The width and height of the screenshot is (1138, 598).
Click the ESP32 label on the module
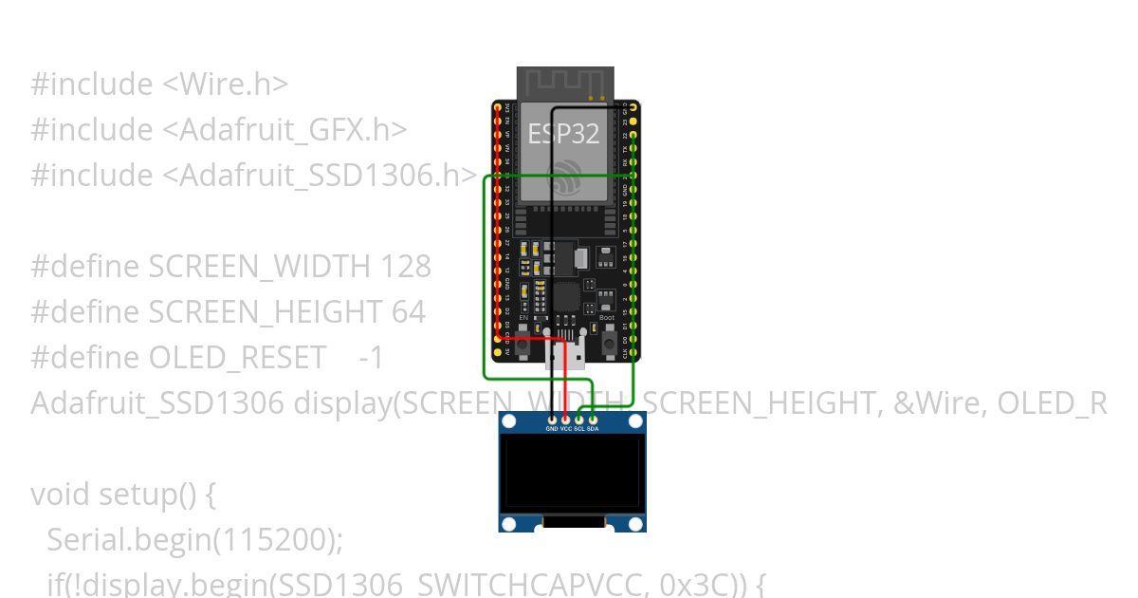(x=564, y=134)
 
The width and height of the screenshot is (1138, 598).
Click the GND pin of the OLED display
(x=552, y=419)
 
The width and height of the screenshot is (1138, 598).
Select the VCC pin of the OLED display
(x=566, y=419)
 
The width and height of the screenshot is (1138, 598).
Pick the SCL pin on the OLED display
(x=579, y=419)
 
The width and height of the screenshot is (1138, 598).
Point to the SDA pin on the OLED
(x=593, y=419)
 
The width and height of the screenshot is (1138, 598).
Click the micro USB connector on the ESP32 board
(x=565, y=353)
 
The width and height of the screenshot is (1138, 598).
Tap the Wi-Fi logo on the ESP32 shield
(x=567, y=177)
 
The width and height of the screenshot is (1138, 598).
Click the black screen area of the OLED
(x=572, y=472)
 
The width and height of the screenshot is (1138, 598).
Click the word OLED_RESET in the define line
(x=237, y=358)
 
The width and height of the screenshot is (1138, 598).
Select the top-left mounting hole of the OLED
(x=509, y=420)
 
